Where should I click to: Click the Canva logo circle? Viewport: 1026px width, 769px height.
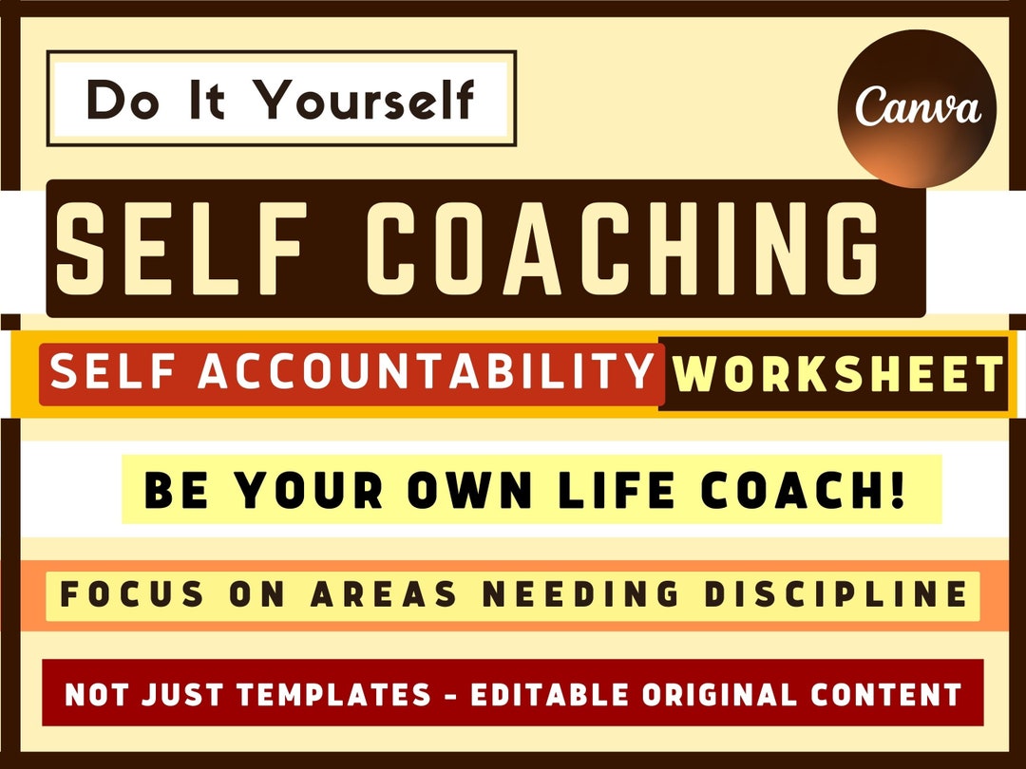(x=917, y=108)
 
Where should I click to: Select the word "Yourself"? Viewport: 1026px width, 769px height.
(x=366, y=99)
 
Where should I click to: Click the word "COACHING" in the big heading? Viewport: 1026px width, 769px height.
(x=623, y=249)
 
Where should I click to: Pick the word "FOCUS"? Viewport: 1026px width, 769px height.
(x=133, y=595)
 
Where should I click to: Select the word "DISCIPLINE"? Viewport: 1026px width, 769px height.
(x=835, y=595)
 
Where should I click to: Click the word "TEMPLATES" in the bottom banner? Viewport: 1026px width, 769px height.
(x=333, y=695)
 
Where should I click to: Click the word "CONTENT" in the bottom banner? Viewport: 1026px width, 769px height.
(x=888, y=695)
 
